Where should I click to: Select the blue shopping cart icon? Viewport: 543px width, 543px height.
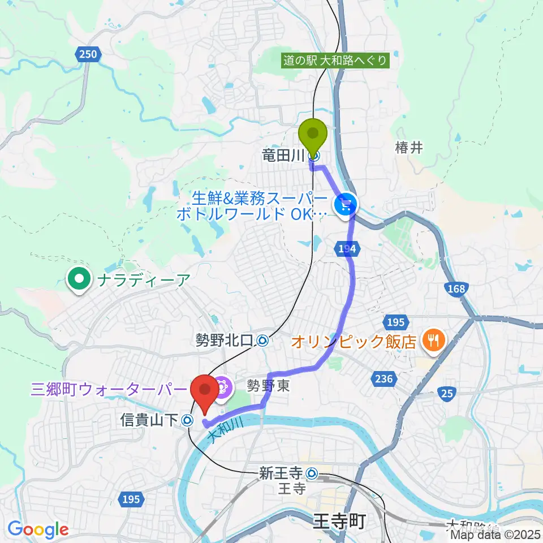345,204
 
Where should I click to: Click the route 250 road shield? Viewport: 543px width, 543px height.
88,54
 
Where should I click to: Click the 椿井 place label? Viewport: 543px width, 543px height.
410,148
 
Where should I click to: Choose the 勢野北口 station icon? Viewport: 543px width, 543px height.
262,341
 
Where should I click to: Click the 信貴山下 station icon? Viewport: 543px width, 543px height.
188,420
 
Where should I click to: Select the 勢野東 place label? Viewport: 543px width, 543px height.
265,384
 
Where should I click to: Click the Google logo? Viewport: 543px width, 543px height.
38,530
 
